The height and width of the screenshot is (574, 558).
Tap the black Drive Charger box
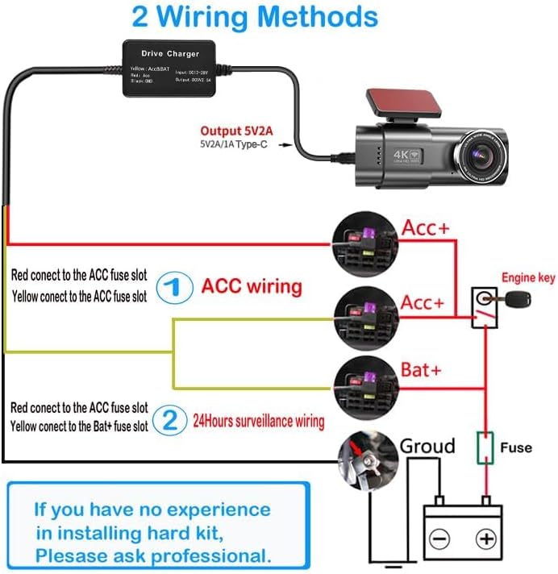170,69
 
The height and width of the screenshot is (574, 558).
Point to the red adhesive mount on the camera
389,100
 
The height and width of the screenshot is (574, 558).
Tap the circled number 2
170,419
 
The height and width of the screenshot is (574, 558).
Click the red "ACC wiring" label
252,286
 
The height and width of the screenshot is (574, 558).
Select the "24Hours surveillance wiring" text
258,421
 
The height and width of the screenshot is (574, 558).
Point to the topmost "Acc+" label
425,229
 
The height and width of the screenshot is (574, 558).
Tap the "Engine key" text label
528,278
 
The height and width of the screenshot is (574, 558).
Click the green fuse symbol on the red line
485,447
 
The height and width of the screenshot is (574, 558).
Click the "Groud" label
428,446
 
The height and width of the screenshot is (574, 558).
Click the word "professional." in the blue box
212,555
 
